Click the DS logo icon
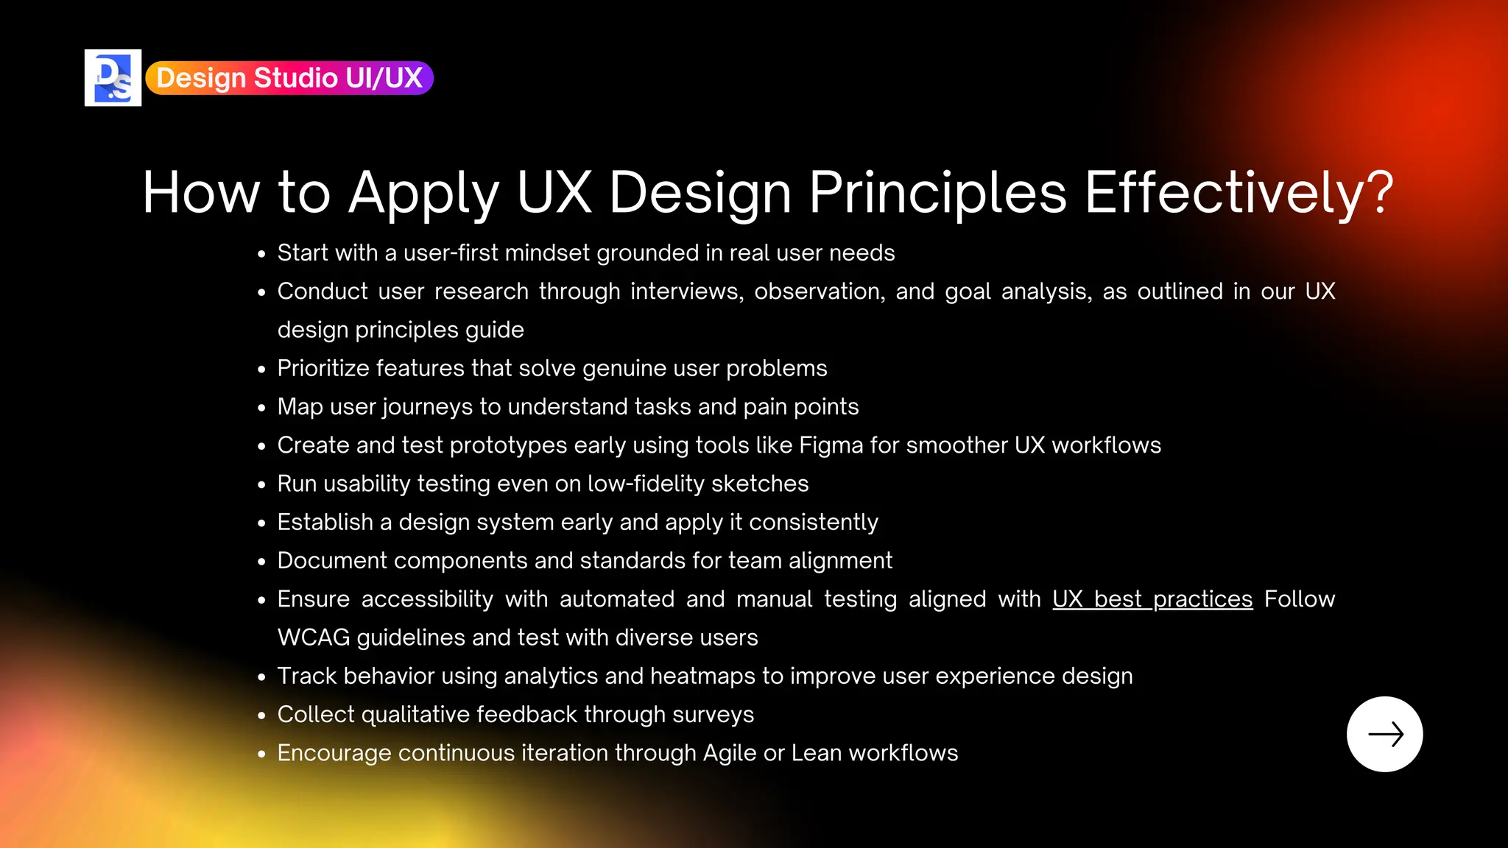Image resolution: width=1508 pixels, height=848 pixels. click(113, 78)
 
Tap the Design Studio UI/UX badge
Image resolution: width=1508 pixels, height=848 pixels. click(289, 78)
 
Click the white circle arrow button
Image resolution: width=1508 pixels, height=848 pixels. click(1384, 734)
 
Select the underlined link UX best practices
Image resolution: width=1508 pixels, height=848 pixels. click(1152, 599)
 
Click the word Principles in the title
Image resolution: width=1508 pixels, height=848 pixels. click(937, 193)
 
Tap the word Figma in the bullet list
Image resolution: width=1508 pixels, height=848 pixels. click(831, 445)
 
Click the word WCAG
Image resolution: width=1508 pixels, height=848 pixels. click(314, 637)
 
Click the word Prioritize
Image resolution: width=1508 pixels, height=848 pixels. click(323, 368)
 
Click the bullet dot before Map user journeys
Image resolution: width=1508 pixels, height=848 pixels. click(261, 408)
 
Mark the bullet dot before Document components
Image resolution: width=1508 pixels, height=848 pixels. click(261, 562)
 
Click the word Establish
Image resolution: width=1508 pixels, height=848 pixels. click(325, 522)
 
